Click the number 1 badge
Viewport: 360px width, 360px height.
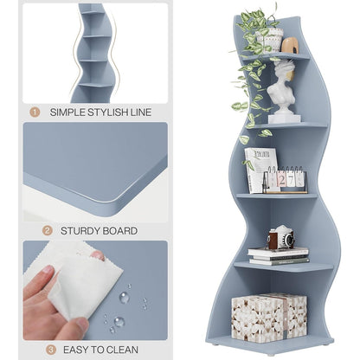35,112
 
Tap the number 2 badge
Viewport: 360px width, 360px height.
35,231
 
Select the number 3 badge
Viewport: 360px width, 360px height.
35,350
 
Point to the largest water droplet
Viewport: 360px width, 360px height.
125,297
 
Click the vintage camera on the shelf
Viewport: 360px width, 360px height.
280,238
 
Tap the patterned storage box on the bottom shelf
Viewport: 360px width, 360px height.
268,317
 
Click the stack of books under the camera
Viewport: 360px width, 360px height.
278,255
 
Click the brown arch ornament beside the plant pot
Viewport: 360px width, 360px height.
290,45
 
